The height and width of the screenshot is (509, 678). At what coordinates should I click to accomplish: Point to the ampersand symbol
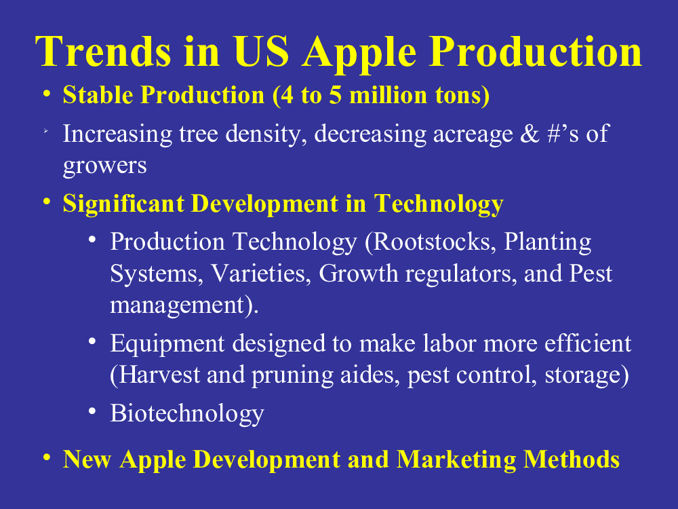point(530,133)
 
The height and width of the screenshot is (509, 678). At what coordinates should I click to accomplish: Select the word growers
point(105,166)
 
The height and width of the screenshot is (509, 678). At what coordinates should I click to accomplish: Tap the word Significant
point(123,204)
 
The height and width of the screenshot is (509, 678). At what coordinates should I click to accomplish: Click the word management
point(177,305)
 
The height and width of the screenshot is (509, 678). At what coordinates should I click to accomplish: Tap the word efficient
point(588,343)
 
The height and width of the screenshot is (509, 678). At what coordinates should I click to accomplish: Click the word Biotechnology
point(187,414)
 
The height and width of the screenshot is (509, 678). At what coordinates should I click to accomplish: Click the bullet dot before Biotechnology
point(92,411)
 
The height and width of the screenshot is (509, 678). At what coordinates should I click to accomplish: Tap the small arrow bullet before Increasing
point(45,131)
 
